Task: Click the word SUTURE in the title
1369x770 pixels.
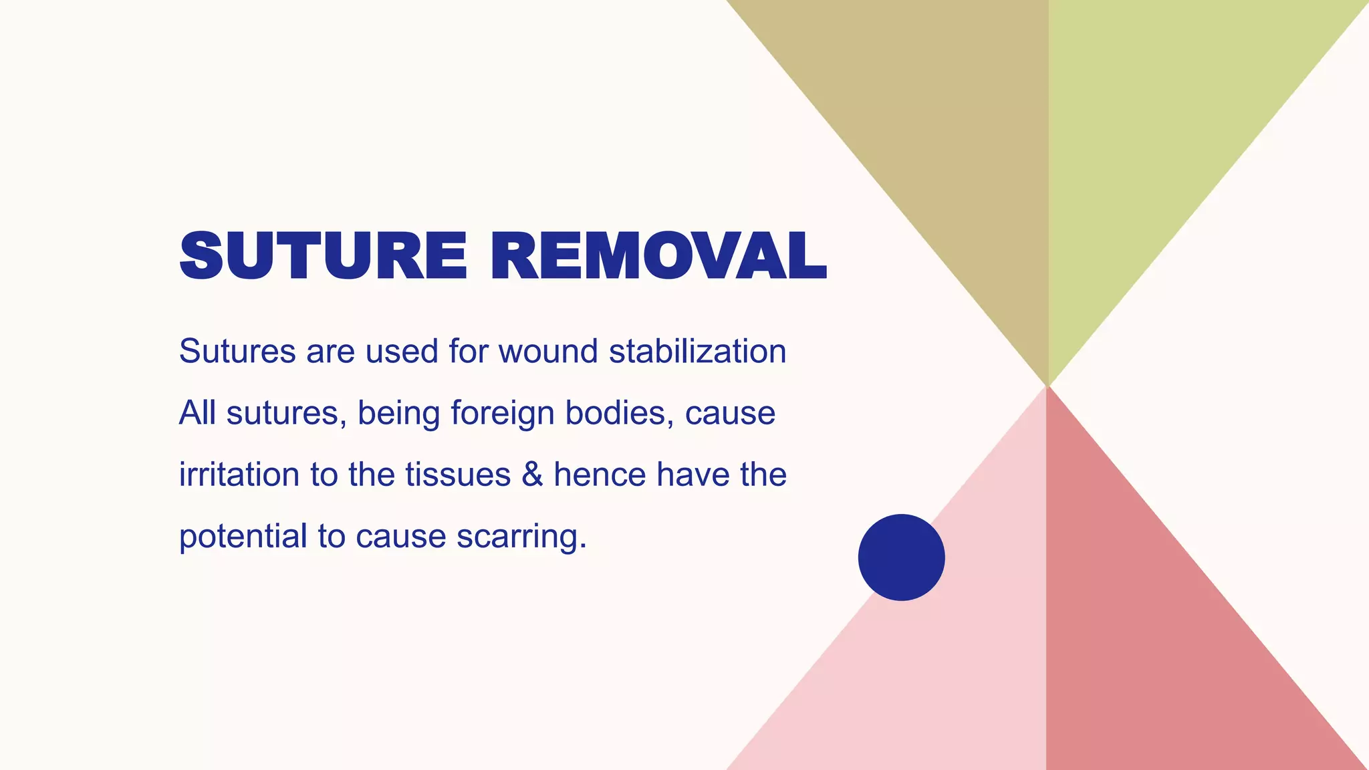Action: coord(323,257)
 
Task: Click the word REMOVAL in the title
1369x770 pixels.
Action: coord(658,257)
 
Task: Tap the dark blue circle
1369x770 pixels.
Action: coord(901,557)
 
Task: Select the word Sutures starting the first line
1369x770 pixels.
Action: coord(237,352)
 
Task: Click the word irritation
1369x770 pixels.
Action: coord(239,475)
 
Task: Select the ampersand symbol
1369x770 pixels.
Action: coord(532,475)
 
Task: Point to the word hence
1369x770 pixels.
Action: coord(600,475)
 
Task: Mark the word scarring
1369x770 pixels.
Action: coord(521,537)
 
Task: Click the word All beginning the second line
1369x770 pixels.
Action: coord(197,412)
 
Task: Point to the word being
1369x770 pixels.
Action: coord(398,414)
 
